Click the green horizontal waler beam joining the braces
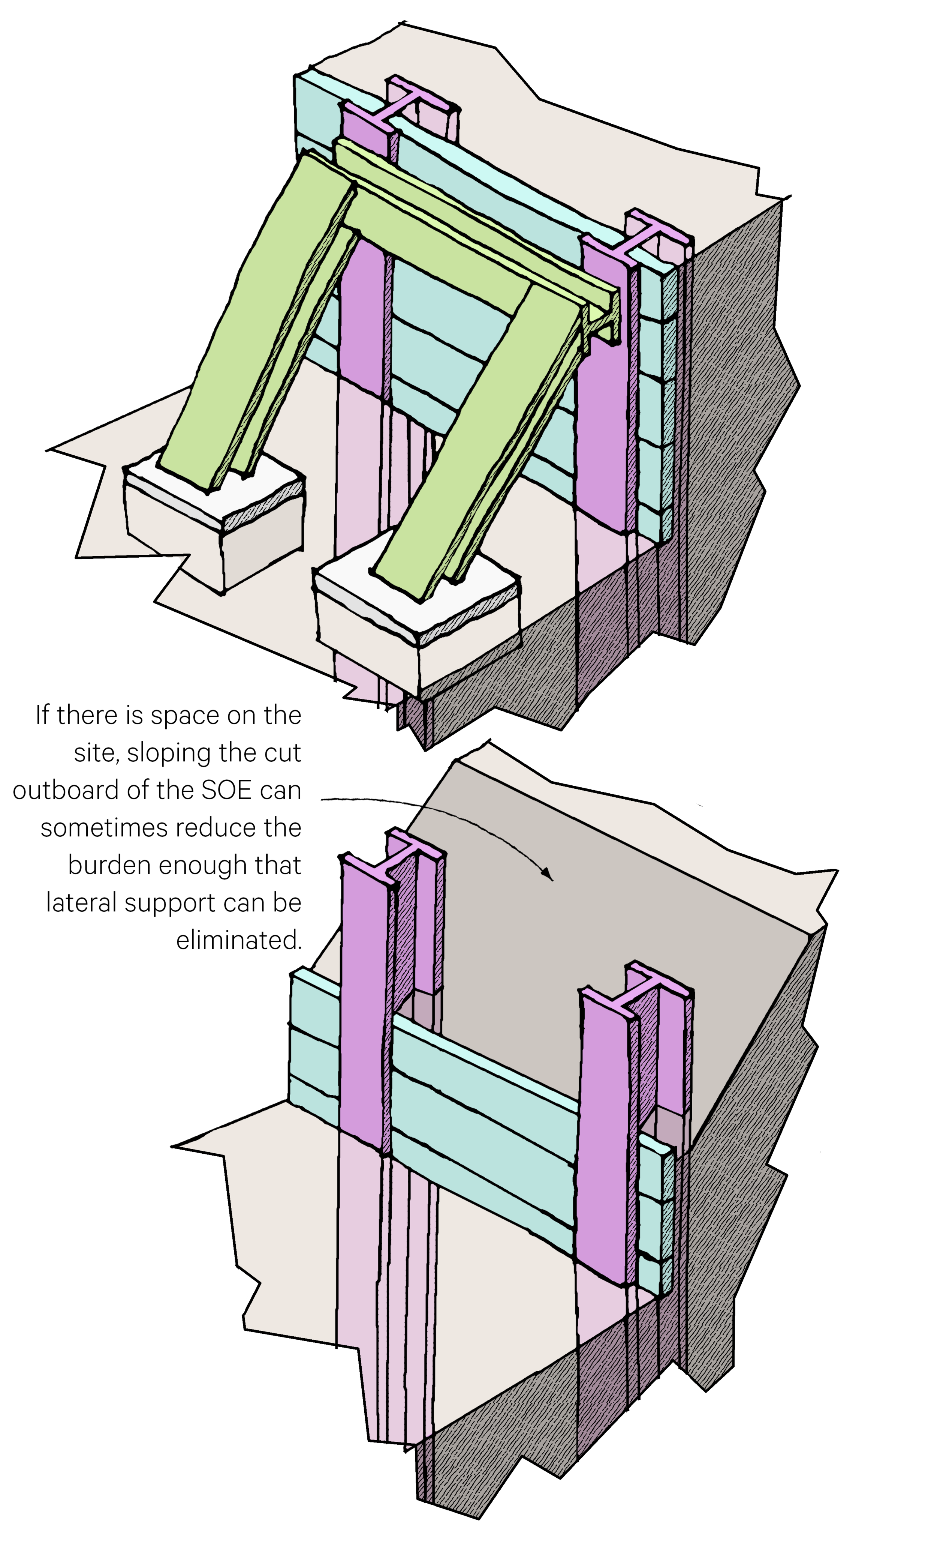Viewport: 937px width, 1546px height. click(x=439, y=251)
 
